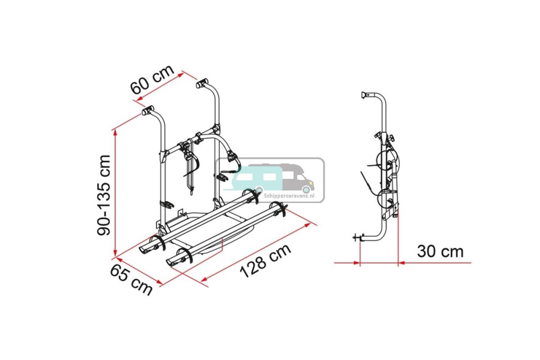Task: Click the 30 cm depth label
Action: coord(440,251)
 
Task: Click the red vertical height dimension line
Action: coord(114,192)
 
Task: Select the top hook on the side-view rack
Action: coord(365,95)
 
